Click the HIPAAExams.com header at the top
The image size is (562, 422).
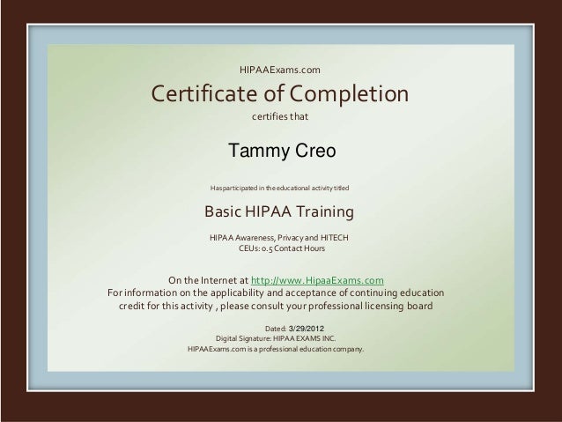click(x=280, y=69)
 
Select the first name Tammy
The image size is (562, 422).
click(x=255, y=152)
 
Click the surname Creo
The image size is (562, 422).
click(x=312, y=152)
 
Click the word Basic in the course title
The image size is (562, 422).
click(x=225, y=213)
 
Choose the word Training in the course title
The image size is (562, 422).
click(x=321, y=213)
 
